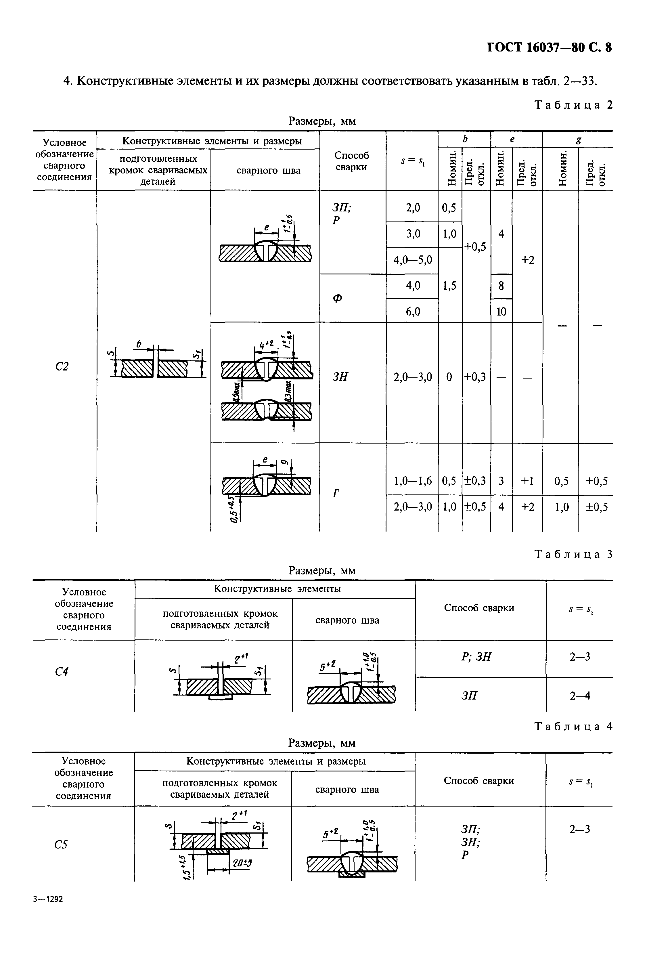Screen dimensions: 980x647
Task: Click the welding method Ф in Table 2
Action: click(338, 298)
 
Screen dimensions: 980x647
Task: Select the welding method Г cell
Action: click(336, 493)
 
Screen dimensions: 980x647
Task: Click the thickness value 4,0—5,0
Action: click(413, 260)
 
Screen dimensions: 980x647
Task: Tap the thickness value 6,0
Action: click(413, 311)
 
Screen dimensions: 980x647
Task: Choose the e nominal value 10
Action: click(501, 312)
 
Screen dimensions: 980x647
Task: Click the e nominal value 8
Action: click(501, 286)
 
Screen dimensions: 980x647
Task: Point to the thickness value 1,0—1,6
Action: click(413, 481)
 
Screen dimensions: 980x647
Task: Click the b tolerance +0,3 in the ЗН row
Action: click(476, 377)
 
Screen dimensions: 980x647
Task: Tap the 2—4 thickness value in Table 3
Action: click(580, 696)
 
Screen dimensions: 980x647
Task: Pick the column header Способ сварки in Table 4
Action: click(479, 781)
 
